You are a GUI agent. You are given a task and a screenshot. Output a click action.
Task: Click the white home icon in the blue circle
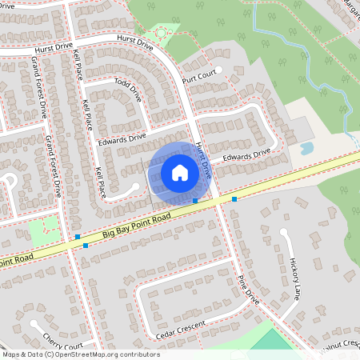coord(180,172)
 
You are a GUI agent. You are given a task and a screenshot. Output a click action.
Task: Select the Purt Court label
coord(199,77)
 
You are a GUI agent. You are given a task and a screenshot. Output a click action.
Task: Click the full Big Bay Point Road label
coord(137,226)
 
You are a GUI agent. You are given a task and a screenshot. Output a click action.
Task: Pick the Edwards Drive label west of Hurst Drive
coord(121,140)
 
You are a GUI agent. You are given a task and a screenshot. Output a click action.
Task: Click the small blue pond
coord(306,148)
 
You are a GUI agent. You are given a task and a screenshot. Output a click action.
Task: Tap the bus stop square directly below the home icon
coord(195,200)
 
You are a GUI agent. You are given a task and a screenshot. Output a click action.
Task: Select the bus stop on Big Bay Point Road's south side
coord(85,246)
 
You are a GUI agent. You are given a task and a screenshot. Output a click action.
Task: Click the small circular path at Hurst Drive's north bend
coord(164,33)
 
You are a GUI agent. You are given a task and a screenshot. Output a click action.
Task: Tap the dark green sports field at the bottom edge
coord(276,341)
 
